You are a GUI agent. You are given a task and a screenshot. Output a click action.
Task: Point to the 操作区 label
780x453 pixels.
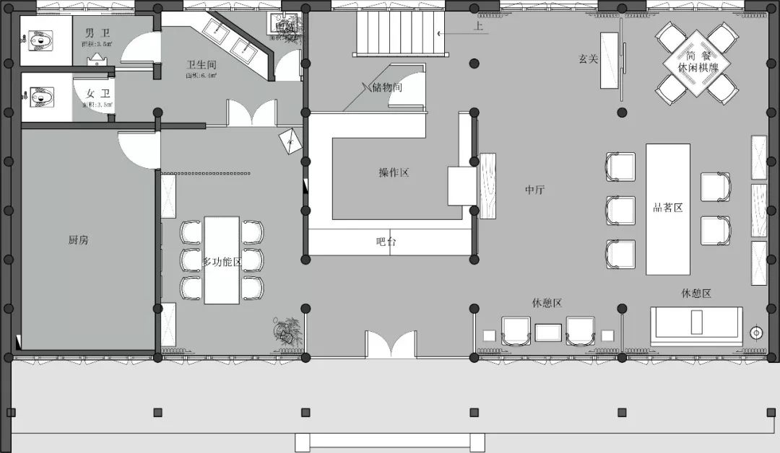394,172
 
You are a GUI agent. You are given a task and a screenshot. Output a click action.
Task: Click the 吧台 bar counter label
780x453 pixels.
386,242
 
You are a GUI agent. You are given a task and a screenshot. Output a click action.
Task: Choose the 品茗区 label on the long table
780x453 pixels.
667,208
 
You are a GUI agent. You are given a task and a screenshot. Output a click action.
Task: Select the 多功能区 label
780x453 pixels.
222,261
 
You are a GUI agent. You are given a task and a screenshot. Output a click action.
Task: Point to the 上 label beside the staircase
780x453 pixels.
478,27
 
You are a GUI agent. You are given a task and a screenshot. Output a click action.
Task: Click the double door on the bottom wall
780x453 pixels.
390,345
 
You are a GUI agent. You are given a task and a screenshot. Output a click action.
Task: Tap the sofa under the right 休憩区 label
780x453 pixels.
696,325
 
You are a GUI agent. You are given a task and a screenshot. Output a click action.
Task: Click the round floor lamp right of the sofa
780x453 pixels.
756,333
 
